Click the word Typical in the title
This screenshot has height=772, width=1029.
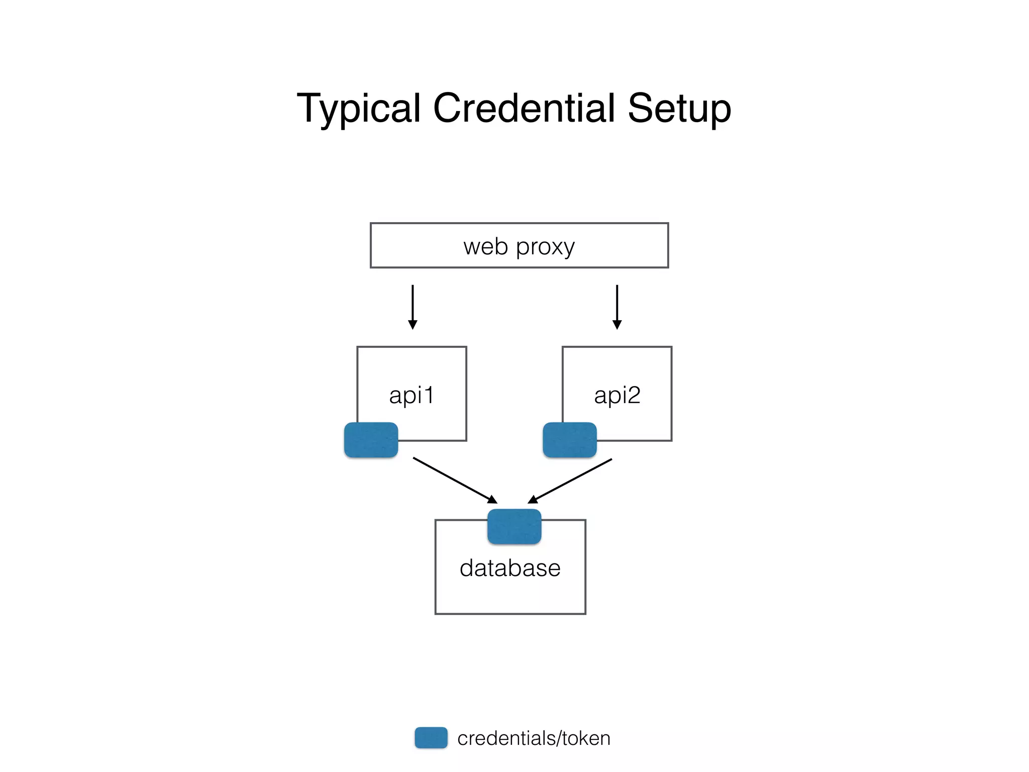click(x=358, y=109)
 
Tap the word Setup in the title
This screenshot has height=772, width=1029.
click(x=679, y=109)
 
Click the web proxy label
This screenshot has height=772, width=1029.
click(x=519, y=247)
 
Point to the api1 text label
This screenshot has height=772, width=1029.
click(x=411, y=395)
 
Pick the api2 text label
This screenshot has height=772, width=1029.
click(x=617, y=395)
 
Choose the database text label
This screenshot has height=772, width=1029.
click(x=510, y=568)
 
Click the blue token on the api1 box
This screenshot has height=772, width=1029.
click(x=371, y=440)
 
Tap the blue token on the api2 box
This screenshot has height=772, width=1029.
click(x=570, y=440)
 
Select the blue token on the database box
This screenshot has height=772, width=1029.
click(x=514, y=526)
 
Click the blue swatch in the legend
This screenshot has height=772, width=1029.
click(x=431, y=737)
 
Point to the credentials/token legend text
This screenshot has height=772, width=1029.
click(x=534, y=738)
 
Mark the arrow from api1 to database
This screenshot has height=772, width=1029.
click(x=452, y=479)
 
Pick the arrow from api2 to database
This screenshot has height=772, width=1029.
click(x=573, y=479)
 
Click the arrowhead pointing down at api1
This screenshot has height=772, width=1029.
click(x=413, y=325)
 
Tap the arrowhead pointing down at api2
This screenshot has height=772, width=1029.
click(x=617, y=325)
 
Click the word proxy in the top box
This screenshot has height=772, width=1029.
click(x=545, y=248)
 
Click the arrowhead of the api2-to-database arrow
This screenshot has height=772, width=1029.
click(x=533, y=500)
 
